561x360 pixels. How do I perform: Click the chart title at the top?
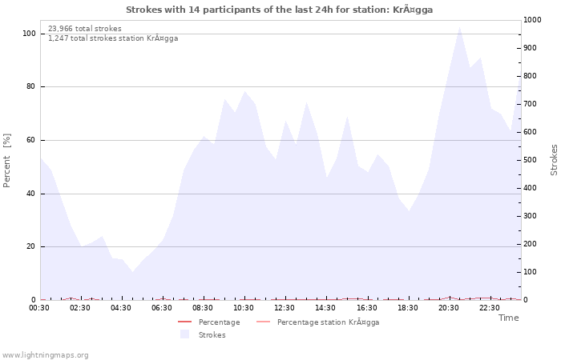point(280,10)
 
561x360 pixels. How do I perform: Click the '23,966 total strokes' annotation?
point(85,29)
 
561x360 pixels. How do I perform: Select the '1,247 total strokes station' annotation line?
point(113,38)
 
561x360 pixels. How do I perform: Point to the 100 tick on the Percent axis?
point(29,34)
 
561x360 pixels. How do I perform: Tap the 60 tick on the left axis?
point(30,140)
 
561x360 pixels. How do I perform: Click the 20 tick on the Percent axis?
point(30,246)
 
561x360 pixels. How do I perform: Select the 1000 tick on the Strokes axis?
point(534,20)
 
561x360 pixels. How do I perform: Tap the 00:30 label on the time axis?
point(39,308)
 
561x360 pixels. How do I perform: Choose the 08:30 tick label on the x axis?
point(203,308)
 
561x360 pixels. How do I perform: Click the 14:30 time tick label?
point(325,308)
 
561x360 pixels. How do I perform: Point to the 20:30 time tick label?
point(449,308)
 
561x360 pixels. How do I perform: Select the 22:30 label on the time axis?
point(490,308)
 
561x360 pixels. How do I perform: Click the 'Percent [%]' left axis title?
point(7,160)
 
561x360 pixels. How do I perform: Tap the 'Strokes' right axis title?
point(554,160)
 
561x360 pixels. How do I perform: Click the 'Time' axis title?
point(509,318)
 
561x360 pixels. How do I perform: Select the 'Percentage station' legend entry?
point(328,322)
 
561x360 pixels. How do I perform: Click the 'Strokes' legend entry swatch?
point(185,334)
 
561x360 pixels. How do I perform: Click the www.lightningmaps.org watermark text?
point(46,354)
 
